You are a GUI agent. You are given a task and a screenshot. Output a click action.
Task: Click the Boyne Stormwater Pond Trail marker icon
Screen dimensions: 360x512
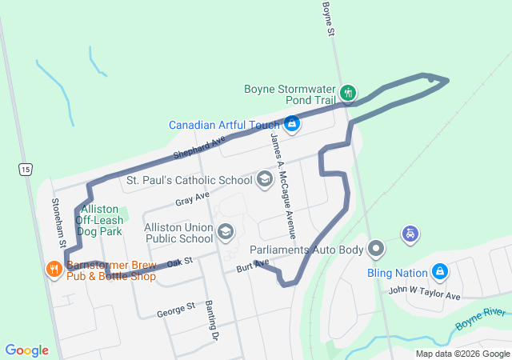347,94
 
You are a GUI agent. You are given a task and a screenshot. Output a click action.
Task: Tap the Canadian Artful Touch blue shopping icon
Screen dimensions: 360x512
292,124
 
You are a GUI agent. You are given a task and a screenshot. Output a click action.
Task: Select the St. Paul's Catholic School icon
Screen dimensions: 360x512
265,180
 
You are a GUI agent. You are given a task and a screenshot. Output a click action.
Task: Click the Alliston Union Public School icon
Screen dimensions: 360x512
226,232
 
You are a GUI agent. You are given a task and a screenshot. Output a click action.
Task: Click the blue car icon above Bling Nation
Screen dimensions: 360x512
410,234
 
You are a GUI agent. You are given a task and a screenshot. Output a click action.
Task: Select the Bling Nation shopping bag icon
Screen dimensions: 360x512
439,272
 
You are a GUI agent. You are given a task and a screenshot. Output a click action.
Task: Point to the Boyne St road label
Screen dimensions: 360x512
326,18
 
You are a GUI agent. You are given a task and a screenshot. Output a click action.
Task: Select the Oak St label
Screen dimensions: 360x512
180,262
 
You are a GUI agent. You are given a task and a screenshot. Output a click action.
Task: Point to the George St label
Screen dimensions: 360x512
176,306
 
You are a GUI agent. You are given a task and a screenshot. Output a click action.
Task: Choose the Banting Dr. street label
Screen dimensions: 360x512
211,320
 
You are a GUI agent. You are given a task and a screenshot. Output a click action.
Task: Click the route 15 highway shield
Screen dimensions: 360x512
27,169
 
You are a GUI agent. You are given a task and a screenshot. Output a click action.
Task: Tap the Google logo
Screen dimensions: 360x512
27,350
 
